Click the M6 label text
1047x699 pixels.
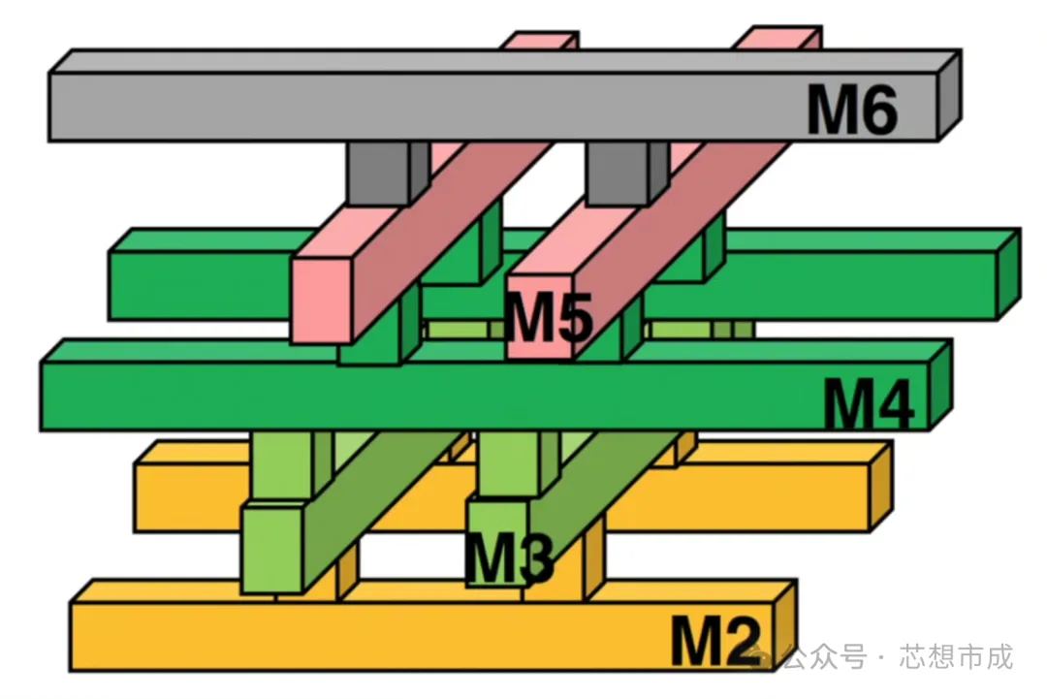point(852,111)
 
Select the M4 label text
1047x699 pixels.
point(869,403)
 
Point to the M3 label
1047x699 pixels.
point(508,557)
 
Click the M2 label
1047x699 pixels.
point(716,639)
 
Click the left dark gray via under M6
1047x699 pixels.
point(379,173)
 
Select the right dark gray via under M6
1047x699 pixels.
point(618,173)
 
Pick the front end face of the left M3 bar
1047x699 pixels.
point(271,549)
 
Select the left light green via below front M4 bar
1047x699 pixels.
point(281,465)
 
